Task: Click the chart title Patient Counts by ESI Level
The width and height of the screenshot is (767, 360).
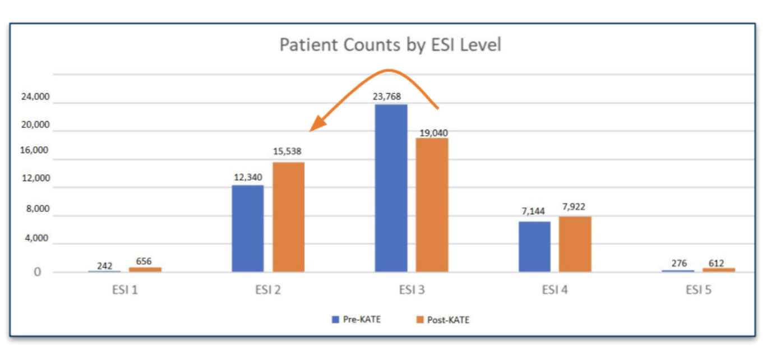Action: (x=390, y=45)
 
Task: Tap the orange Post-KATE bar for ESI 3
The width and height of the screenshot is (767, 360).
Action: (x=432, y=205)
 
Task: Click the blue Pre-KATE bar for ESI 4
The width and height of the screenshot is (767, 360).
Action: (x=534, y=247)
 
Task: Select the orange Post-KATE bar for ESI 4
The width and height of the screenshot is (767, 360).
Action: (x=575, y=244)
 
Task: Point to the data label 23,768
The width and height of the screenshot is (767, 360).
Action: (x=387, y=96)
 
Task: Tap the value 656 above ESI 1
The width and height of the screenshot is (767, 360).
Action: (x=144, y=261)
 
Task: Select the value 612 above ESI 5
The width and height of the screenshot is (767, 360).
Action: (x=716, y=263)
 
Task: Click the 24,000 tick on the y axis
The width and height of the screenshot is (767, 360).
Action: (x=35, y=97)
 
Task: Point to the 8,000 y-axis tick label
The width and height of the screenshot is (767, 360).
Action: (x=38, y=210)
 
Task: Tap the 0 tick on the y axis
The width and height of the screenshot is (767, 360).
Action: (x=38, y=273)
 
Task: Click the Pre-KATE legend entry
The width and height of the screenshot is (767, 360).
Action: (x=357, y=320)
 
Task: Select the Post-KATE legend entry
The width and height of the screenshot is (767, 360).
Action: (x=442, y=320)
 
